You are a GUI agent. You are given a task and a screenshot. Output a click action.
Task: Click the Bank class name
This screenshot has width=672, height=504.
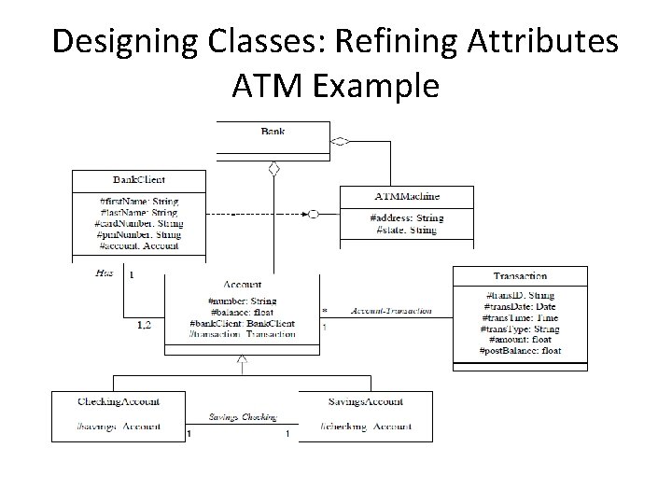[x=273, y=132]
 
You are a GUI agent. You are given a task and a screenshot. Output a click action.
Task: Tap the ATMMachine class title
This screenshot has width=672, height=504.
[x=407, y=196]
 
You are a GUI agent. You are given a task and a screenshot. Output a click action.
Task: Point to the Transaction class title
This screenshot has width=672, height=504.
[x=520, y=276]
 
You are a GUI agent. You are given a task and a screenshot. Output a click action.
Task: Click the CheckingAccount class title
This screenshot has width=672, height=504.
[x=119, y=401]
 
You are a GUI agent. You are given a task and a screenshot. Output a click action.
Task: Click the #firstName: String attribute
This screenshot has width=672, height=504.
[x=138, y=201]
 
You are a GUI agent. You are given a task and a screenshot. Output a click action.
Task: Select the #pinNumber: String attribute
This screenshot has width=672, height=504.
[x=138, y=234]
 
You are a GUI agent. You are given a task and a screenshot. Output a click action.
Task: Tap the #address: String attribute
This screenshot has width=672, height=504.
[x=407, y=217]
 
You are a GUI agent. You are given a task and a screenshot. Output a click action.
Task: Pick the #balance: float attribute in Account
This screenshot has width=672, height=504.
[x=243, y=313]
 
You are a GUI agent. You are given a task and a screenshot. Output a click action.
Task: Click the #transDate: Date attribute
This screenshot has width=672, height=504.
[x=519, y=305]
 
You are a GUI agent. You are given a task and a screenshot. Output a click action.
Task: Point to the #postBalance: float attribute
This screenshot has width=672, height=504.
[x=520, y=350]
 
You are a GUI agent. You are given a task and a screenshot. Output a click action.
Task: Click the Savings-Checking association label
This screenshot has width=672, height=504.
[x=242, y=417]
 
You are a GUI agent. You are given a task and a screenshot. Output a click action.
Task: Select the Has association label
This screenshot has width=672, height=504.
[x=105, y=273]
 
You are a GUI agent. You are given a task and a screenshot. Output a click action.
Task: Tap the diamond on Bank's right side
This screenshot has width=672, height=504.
[x=341, y=141]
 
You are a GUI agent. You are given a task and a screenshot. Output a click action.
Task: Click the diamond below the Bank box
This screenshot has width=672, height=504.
[x=273, y=169]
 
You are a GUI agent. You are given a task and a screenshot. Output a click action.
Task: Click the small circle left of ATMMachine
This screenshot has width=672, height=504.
[x=314, y=214]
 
